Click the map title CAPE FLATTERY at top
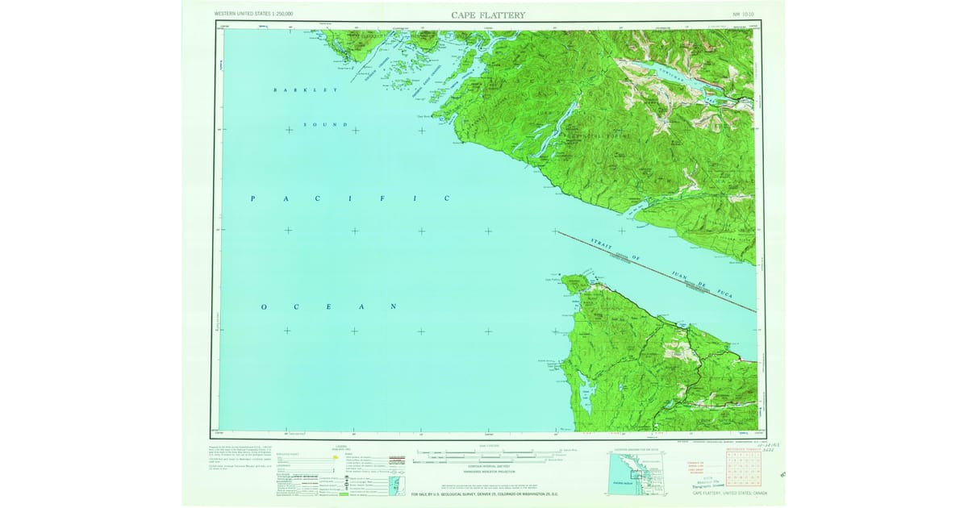point(488,15)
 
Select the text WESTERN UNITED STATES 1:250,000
point(253,15)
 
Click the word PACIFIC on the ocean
point(349,198)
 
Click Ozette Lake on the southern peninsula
point(587,394)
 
